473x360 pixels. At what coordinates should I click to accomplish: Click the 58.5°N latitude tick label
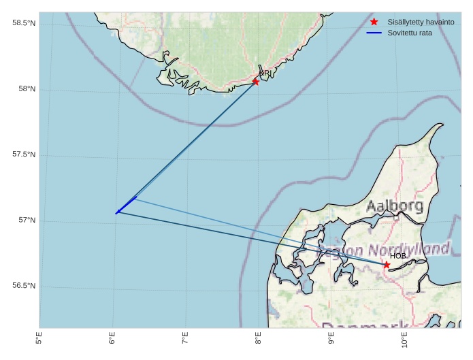pyautogui.click(x=24, y=23)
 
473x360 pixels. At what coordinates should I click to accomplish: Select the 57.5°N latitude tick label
pyautogui.click(x=24, y=154)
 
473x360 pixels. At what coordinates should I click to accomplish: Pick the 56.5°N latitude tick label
pyautogui.click(x=24, y=286)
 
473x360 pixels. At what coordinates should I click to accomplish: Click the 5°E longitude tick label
pyautogui.click(x=39, y=340)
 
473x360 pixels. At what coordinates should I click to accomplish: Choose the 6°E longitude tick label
pyautogui.click(x=112, y=340)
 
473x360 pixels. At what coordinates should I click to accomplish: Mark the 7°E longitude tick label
pyautogui.click(x=185, y=340)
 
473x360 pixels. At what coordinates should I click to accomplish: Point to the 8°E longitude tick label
pyautogui.click(x=258, y=340)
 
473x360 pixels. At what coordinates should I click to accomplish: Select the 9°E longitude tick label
pyautogui.click(x=331, y=340)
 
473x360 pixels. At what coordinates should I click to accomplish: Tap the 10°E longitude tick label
pyautogui.click(x=404, y=338)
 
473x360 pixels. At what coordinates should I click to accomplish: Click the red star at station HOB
pyautogui.click(x=387, y=265)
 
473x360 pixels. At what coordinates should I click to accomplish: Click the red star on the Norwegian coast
pyautogui.click(x=256, y=82)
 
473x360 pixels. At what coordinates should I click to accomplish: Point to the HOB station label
pyautogui.click(x=397, y=256)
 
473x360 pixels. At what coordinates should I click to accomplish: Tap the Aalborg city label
pyautogui.click(x=394, y=206)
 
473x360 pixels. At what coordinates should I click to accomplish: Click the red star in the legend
pyautogui.click(x=374, y=22)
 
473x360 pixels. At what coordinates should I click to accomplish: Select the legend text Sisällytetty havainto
pyautogui.click(x=421, y=22)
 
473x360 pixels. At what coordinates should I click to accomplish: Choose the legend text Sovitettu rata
pyautogui.click(x=410, y=33)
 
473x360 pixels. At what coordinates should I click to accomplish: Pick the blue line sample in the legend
pyautogui.click(x=374, y=33)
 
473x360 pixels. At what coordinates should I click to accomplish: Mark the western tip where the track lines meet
pyautogui.click(x=116, y=213)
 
